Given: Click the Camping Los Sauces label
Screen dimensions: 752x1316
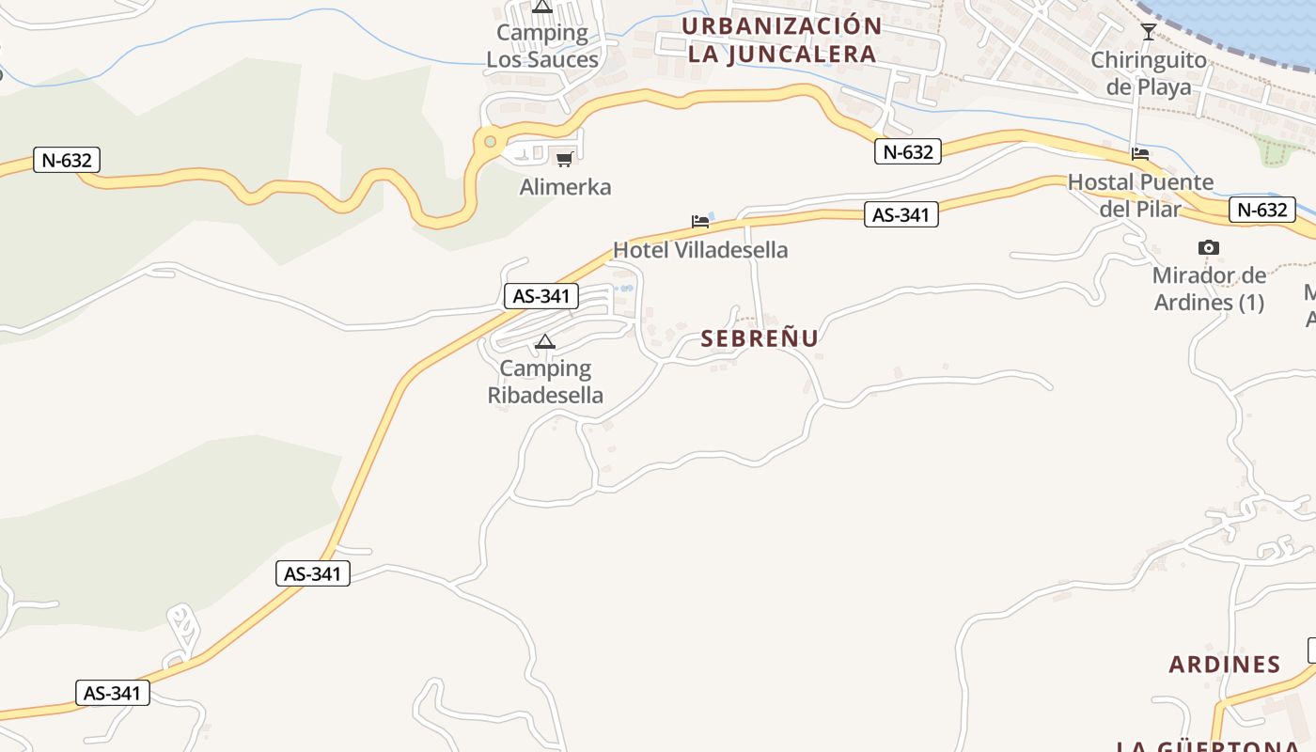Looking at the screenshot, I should pos(542,46).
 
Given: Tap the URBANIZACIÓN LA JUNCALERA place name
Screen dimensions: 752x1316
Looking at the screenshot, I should pos(782,39).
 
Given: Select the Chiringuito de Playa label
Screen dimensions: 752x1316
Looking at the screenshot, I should pos(1148,73).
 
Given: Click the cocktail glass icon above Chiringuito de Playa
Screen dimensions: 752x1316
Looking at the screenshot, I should pos(1148,32).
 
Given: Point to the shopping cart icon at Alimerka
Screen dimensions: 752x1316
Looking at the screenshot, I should pos(564,159).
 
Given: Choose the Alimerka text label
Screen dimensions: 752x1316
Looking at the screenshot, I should pos(565,187).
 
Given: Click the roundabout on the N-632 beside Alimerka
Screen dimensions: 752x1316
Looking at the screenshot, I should pos(490,142).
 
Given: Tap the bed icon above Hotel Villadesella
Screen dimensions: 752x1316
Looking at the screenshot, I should pos(700,222).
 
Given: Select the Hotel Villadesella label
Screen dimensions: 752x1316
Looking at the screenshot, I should pos(700,250).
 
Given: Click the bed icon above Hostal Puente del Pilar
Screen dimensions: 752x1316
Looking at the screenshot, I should pos(1140,153).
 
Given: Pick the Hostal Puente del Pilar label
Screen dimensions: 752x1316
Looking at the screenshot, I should pos(1140,195).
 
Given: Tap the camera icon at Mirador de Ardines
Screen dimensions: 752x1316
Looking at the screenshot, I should pos(1209,248).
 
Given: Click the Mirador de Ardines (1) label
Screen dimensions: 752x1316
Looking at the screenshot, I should pos(1209,290).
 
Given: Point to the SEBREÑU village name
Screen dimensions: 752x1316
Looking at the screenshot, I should pos(760,338).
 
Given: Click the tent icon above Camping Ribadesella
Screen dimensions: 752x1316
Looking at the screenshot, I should pos(545,341).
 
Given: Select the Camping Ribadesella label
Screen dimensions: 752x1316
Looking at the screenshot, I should pos(545,382).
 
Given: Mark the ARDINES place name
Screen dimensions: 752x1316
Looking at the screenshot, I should pos(1224,665).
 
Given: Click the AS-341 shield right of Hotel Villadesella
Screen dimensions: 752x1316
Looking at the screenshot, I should pos(901,215).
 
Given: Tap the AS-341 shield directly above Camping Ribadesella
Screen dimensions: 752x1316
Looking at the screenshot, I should pos(541,296).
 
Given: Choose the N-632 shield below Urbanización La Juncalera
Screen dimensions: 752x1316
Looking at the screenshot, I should pos(908,151).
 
